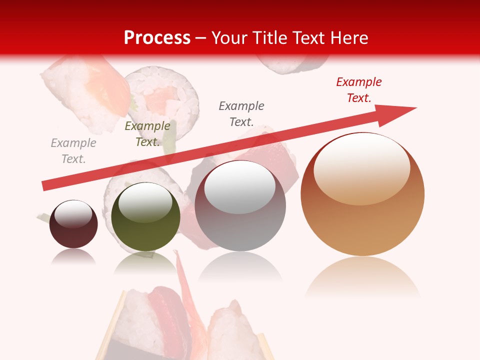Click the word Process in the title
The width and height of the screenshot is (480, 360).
tap(157, 37)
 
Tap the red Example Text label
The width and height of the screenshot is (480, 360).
tap(358, 90)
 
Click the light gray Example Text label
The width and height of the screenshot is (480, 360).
tap(73, 151)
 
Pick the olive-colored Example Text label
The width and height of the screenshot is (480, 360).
tap(147, 134)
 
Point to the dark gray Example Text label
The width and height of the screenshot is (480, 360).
tap(241, 113)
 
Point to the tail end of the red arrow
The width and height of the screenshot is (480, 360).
tap(46, 185)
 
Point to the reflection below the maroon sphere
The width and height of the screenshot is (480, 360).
tap(73, 256)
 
